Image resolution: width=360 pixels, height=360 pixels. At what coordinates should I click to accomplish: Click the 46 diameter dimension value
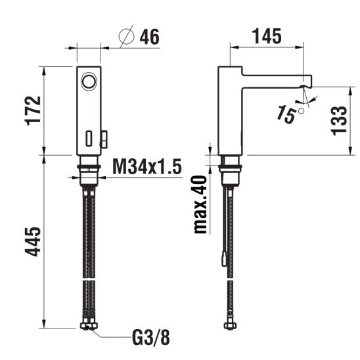pyautogui.click(x=150, y=37)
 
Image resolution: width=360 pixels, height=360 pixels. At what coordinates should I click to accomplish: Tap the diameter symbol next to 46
pyautogui.click(x=127, y=36)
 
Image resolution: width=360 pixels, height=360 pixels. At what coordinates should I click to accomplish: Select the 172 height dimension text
pyautogui.click(x=33, y=110)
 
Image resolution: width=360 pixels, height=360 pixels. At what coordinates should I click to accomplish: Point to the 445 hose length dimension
pyautogui.click(x=33, y=242)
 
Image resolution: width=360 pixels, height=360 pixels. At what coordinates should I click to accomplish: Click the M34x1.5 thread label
pyautogui.click(x=147, y=166)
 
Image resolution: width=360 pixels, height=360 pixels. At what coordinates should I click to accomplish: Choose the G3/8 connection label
pyautogui.click(x=151, y=337)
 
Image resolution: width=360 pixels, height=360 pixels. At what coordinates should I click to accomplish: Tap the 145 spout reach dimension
pyautogui.click(x=267, y=36)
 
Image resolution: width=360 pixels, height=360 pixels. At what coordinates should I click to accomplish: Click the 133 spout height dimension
pyautogui.click(x=338, y=120)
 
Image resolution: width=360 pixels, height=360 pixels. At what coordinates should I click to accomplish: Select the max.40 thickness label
pyautogui.click(x=200, y=204)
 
